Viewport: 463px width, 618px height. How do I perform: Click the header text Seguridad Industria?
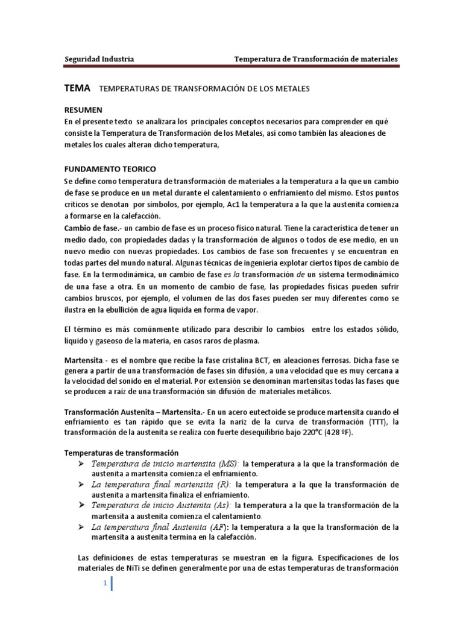99,59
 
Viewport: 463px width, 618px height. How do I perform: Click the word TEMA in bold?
77,88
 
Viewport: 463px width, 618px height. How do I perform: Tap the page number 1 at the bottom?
105,583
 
